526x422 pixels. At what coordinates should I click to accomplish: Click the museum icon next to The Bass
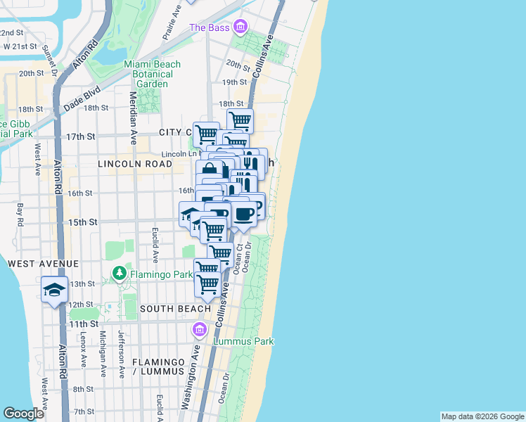pyautogui.click(x=241, y=27)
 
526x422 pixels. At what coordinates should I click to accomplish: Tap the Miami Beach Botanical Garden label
pyautogui.click(x=153, y=74)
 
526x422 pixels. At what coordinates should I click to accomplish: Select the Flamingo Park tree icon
pyautogui.click(x=120, y=272)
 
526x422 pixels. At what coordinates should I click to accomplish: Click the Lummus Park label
pyautogui.click(x=244, y=341)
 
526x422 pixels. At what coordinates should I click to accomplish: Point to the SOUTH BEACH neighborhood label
pyautogui.click(x=175, y=309)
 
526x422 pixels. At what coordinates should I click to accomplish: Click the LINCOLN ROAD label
pyautogui.click(x=136, y=164)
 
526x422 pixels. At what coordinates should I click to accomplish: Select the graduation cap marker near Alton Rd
pyautogui.click(x=54, y=290)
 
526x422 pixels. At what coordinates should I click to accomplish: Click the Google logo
pyautogui.click(x=23, y=414)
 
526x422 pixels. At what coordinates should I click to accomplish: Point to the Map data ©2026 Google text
pyautogui.click(x=482, y=416)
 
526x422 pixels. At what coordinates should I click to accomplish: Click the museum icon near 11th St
pyautogui.click(x=200, y=329)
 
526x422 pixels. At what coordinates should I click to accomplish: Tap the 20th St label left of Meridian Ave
pyautogui.click(x=31, y=73)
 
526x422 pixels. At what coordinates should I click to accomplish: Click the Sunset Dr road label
pyautogui.click(x=49, y=59)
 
